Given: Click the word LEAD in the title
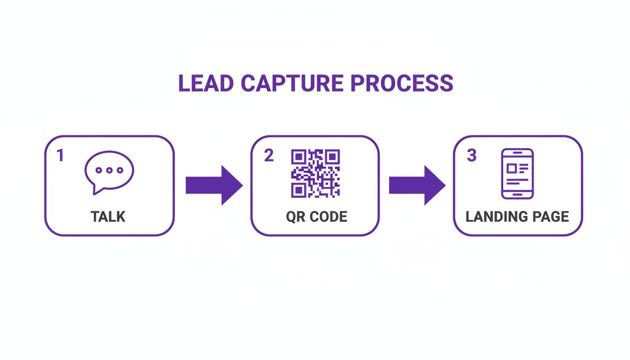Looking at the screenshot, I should tap(206, 83).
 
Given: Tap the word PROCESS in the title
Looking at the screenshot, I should tap(402, 83).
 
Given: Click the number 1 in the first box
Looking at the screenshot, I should tap(60, 156).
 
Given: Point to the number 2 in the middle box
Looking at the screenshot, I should tap(269, 156).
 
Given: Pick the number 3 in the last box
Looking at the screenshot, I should tap(472, 156).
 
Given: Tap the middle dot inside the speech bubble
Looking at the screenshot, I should tap(109, 170).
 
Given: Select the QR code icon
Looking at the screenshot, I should tap(315, 173).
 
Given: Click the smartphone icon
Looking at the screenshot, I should tap(517, 173).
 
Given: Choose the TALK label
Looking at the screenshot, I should tap(108, 217).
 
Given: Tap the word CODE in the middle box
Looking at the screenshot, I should tap(329, 217).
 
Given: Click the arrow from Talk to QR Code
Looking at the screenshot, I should tap(214, 185).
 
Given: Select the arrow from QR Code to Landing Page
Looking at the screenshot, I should tap(417, 185).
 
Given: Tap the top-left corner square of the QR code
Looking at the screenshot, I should tap(298, 156).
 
